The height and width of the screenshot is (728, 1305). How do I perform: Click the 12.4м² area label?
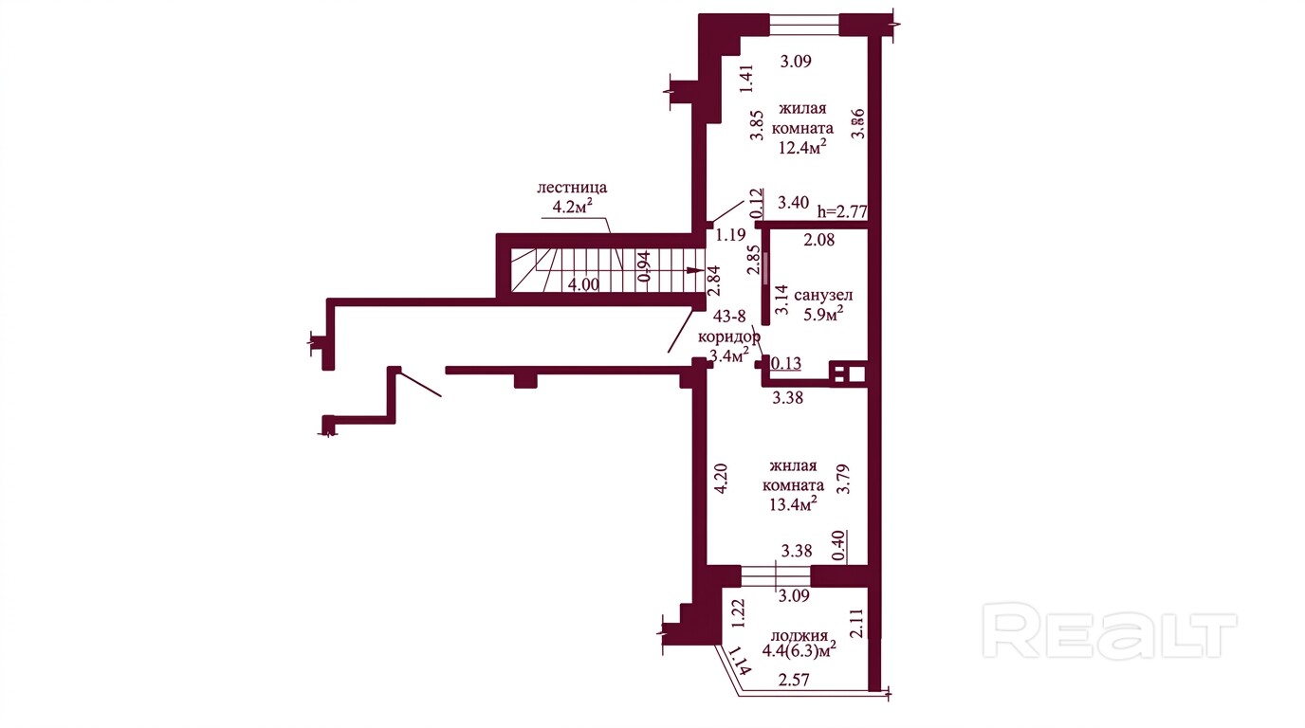point(803,147)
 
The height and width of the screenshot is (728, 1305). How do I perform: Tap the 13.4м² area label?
point(793,503)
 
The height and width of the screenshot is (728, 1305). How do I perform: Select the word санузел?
point(823,296)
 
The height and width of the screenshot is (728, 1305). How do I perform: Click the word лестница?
point(572,188)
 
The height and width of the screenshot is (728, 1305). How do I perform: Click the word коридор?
point(728,337)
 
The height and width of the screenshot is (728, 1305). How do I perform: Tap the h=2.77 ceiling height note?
point(842,210)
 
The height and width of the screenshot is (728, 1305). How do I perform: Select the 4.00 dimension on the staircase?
point(583,284)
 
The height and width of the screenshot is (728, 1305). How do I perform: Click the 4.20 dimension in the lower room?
point(721,479)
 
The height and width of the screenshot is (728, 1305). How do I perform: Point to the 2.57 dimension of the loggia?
point(794,680)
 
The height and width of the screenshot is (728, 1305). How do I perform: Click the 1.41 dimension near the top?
point(746,79)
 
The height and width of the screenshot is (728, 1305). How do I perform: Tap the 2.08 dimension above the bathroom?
point(819,240)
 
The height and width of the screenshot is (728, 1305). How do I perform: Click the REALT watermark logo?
point(1110,631)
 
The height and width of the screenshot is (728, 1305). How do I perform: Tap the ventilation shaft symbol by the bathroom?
point(848,373)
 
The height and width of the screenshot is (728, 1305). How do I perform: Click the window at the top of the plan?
point(804,25)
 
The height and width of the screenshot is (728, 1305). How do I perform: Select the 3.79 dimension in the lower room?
point(843,479)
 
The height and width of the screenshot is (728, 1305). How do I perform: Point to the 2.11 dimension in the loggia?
point(856,623)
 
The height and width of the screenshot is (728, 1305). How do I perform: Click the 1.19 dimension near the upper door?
point(731,235)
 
